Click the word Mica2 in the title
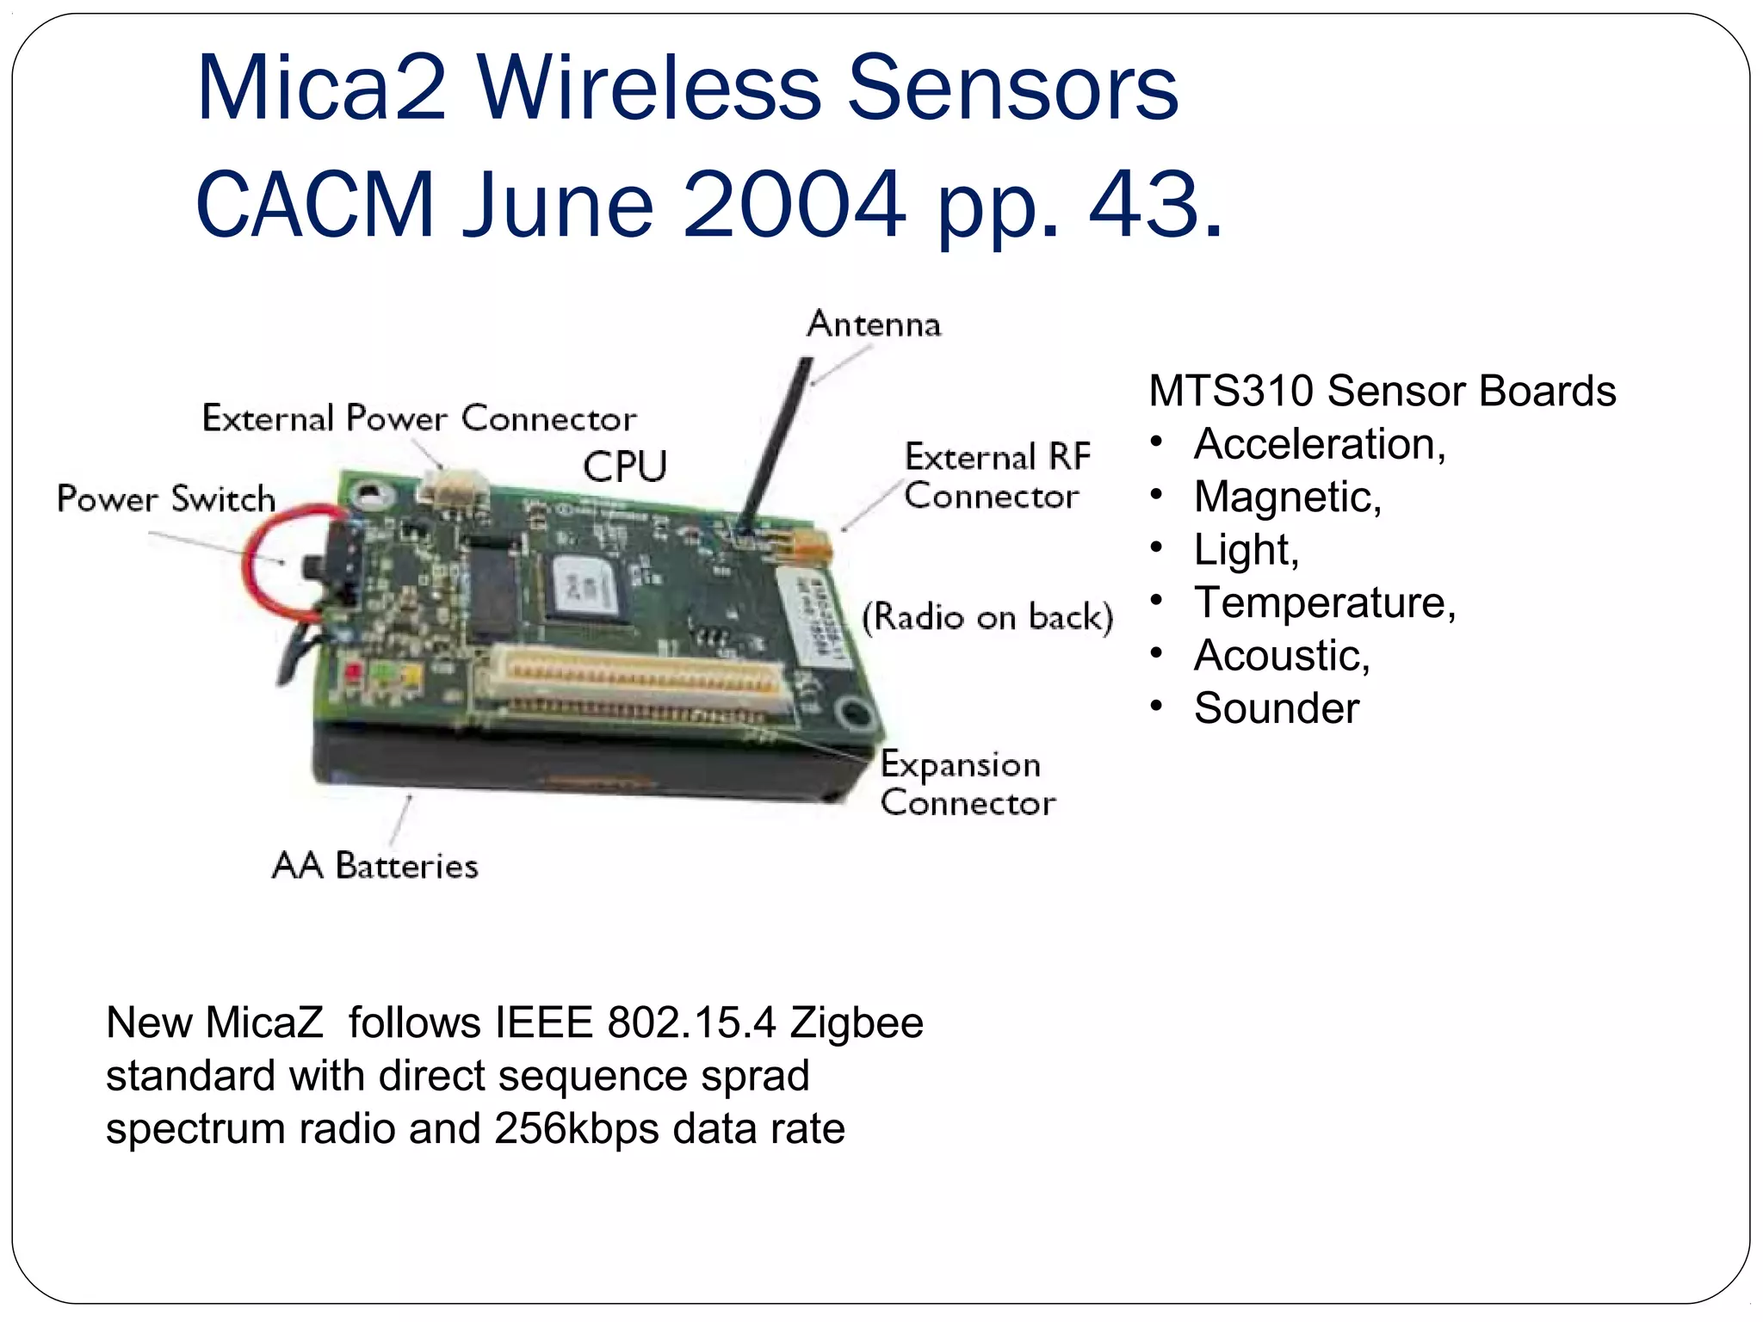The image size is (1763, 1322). pos(321,89)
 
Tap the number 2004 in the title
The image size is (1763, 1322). pos(794,205)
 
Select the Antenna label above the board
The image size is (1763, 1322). pos(874,324)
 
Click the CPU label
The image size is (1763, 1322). pos(625,467)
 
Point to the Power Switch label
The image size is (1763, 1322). pos(166,499)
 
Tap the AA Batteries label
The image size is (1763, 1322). pos(374,866)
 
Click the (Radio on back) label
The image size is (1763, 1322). pos(987,617)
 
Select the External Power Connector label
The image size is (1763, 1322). pos(419,419)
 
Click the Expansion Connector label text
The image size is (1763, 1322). pos(967,783)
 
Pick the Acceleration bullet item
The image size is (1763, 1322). pos(1319,445)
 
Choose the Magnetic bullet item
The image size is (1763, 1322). pos(1287,497)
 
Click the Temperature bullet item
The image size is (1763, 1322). pos(1324,602)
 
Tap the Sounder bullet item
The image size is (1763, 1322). pos(1276,708)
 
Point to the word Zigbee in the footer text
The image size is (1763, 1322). pos(857,1023)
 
